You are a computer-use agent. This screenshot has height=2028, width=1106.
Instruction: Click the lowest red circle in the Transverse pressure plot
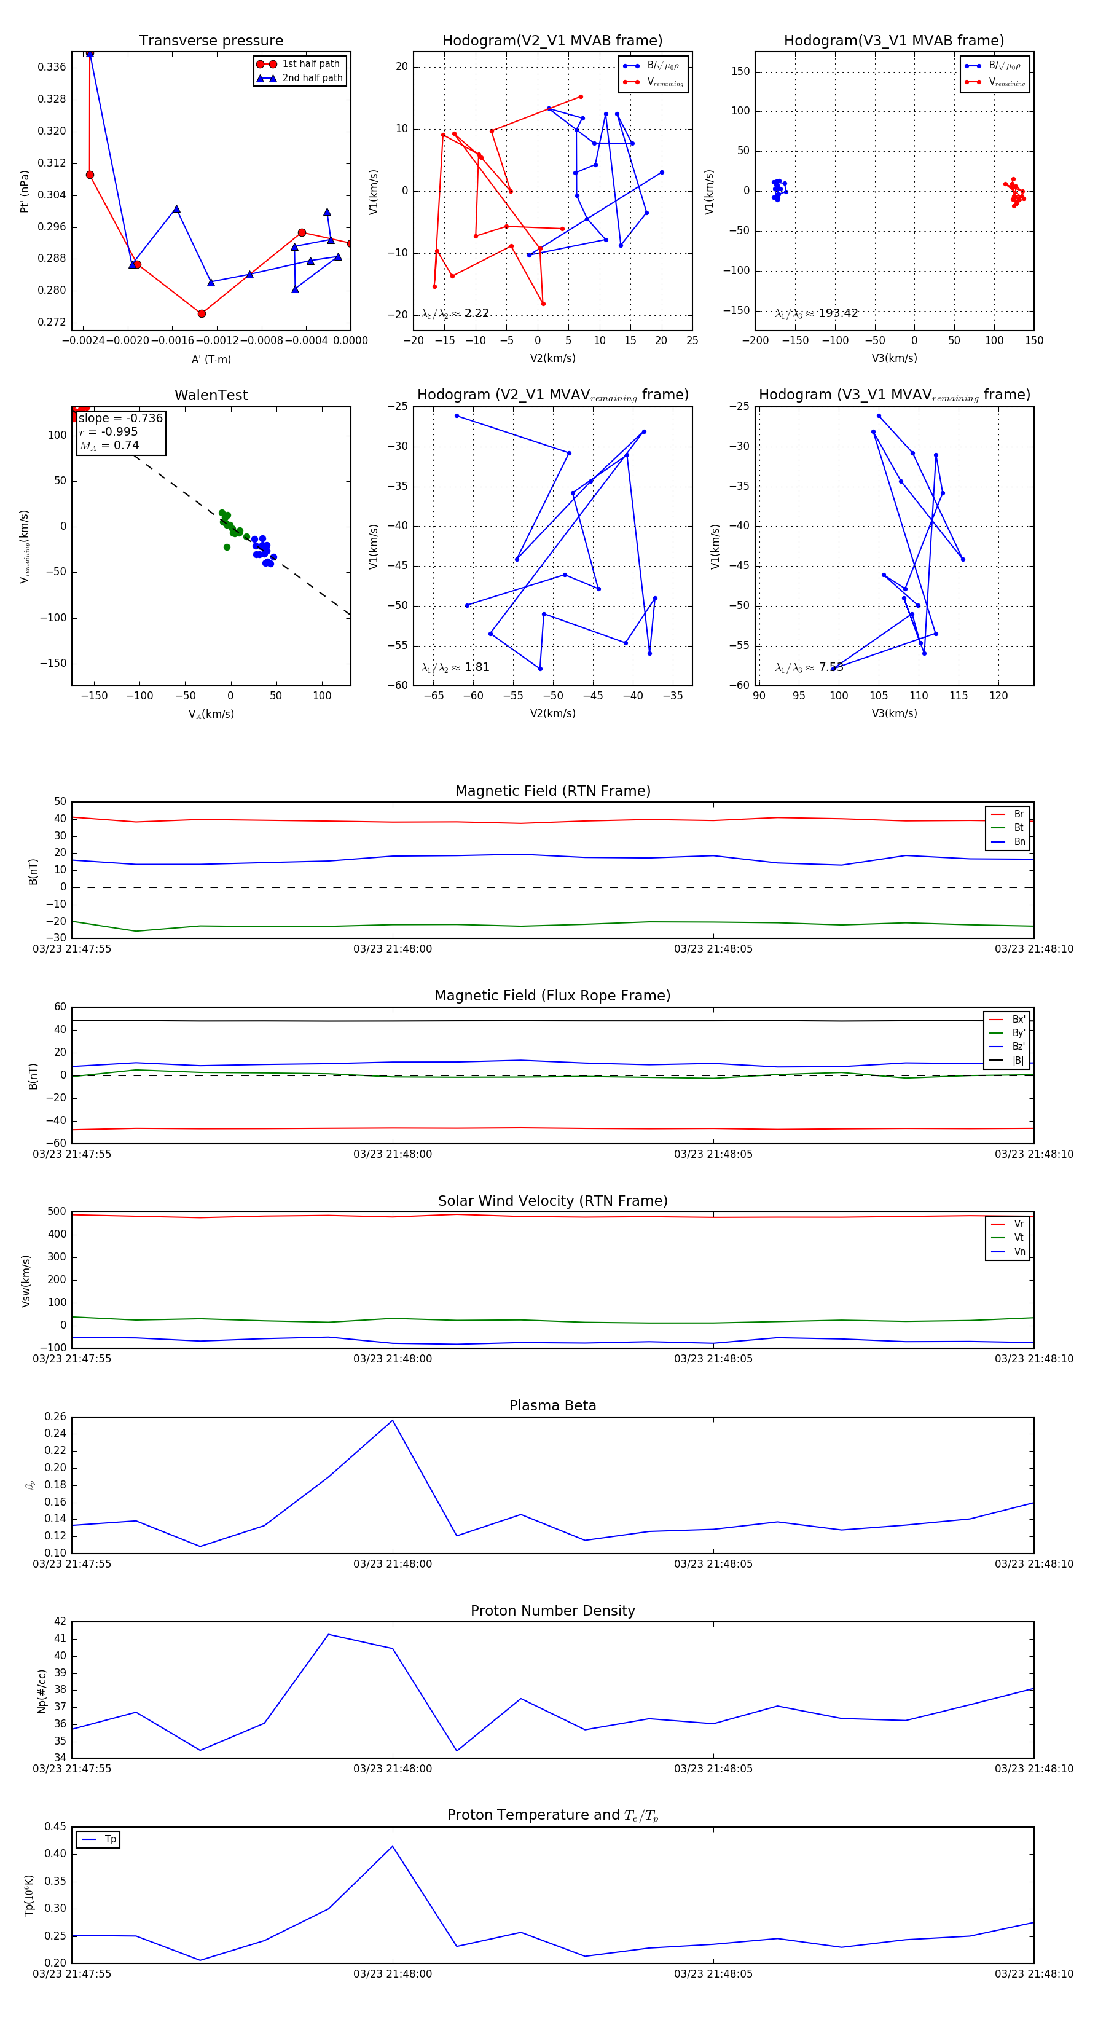(x=202, y=313)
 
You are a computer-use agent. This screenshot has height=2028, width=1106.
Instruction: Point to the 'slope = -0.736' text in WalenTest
(x=120, y=418)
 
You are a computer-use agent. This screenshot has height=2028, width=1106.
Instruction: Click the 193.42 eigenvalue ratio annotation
(x=817, y=313)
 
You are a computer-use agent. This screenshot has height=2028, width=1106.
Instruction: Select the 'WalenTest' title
(x=211, y=395)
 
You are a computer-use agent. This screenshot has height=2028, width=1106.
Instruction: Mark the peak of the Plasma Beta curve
(x=393, y=1420)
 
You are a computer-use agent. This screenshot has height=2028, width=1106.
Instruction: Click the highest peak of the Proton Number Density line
(x=328, y=1634)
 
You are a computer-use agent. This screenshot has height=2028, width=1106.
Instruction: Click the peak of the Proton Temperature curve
(x=393, y=1847)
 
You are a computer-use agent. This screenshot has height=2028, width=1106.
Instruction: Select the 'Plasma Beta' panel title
(x=552, y=1405)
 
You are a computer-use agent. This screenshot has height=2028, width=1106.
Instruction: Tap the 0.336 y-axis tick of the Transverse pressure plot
(x=52, y=67)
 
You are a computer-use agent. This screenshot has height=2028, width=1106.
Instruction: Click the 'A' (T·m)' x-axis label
(x=211, y=359)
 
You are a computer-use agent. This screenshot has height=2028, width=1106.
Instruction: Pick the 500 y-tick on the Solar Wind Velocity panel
(x=57, y=1212)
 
